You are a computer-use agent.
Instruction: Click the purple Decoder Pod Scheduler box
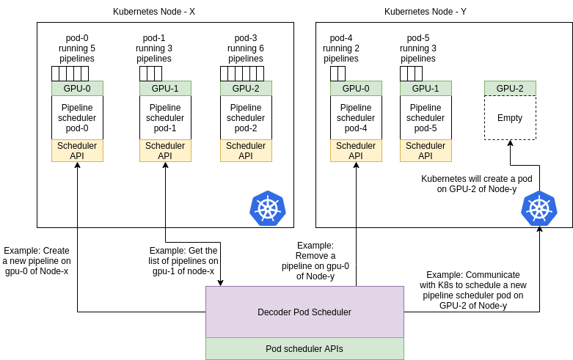[x=304, y=312]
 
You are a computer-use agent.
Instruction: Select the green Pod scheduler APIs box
[x=304, y=348]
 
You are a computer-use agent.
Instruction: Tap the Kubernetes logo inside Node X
[x=268, y=208]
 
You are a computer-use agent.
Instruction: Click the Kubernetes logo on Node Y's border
[x=539, y=208]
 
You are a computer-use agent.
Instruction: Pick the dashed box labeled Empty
[x=510, y=117]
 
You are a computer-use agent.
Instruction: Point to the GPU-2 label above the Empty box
[x=510, y=88]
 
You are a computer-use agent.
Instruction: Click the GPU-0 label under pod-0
[x=77, y=88]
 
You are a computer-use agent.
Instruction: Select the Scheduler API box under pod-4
[x=356, y=150]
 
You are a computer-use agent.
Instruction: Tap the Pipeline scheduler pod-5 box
[x=426, y=117]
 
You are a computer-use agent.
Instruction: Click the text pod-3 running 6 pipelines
[x=246, y=48]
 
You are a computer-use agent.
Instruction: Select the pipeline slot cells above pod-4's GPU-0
[x=337, y=73]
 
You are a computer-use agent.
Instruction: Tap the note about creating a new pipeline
[x=37, y=260]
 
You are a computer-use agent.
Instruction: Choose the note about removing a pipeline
[x=315, y=260]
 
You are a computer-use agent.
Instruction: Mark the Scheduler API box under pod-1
[x=165, y=150]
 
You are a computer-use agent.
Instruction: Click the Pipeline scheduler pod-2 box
[x=246, y=117]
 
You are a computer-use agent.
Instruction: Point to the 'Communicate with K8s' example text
[x=473, y=290]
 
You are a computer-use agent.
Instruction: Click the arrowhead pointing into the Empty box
[x=510, y=144]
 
